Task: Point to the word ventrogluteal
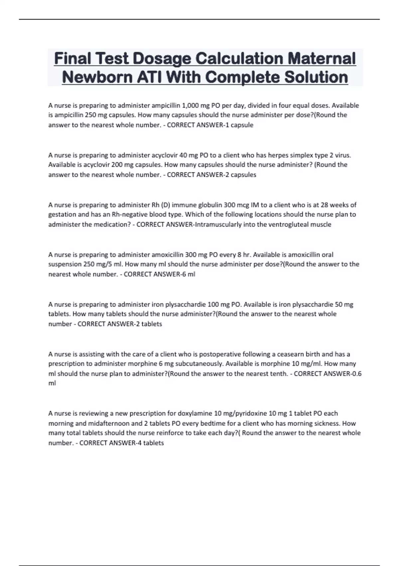click(288, 224)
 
